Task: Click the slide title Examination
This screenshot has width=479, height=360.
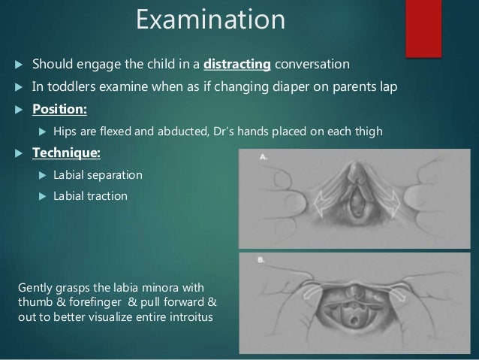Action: pyautogui.click(x=210, y=20)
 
